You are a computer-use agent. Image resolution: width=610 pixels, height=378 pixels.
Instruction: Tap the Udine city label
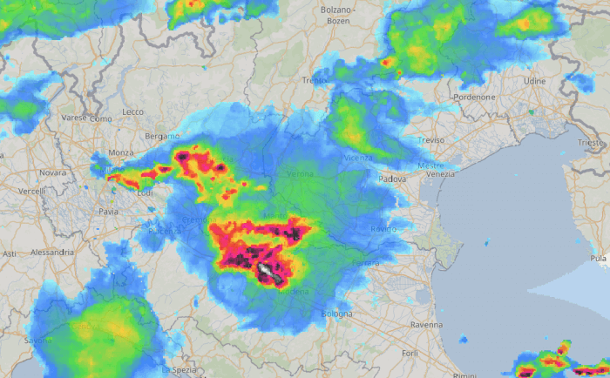(x=534, y=81)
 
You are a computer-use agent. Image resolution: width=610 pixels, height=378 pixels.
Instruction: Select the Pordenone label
(x=474, y=98)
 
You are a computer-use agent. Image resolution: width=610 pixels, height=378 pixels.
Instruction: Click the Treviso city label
(x=430, y=140)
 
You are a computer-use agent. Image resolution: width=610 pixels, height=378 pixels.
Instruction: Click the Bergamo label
(x=162, y=137)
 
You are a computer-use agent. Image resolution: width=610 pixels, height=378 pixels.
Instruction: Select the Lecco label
(x=132, y=112)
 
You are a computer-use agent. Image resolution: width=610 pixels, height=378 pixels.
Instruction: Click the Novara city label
(x=52, y=172)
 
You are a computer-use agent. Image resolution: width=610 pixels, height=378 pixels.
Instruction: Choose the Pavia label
(x=108, y=212)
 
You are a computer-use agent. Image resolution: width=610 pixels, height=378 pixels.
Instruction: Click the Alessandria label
(x=52, y=252)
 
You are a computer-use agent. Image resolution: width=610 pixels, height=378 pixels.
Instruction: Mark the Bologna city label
(x=336, y=313)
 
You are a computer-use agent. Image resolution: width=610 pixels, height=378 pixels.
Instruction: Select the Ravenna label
(x=426, y=324)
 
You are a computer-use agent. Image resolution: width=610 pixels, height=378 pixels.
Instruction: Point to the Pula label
(x=598, y=259)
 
